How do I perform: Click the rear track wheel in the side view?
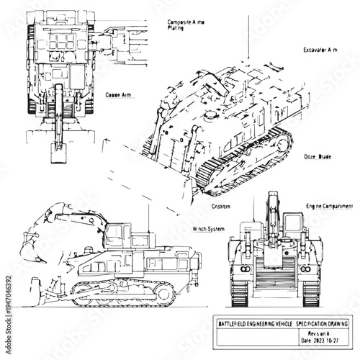point(165,293)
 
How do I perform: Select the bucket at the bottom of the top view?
point(57,150)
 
